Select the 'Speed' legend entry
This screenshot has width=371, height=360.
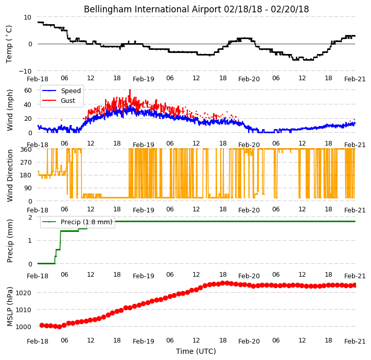coord(70,91)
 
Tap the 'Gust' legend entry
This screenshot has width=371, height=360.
coord(68,100)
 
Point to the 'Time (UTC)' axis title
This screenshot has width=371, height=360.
coord(196,351)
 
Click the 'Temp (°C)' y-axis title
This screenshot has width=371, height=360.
coord(9,44)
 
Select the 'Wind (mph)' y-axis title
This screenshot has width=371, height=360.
coord(10,110)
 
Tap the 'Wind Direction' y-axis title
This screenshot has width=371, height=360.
coord(10,175)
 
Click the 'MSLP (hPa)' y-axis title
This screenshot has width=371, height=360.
coord(10,307)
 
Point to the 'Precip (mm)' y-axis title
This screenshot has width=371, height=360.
coord(10,241)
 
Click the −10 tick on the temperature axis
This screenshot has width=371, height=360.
coord(25,71)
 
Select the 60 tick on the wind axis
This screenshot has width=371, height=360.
coord(28,90)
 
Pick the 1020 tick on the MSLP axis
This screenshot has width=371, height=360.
coord(23,293)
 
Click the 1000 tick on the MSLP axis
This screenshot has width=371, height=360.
coord(23,327)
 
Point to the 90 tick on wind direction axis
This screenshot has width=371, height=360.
coord(28,188)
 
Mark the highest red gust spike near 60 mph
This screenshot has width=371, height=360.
coord(130,90)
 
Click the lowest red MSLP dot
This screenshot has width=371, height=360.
coord(59,327)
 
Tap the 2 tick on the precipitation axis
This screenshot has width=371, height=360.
coord(30,217)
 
